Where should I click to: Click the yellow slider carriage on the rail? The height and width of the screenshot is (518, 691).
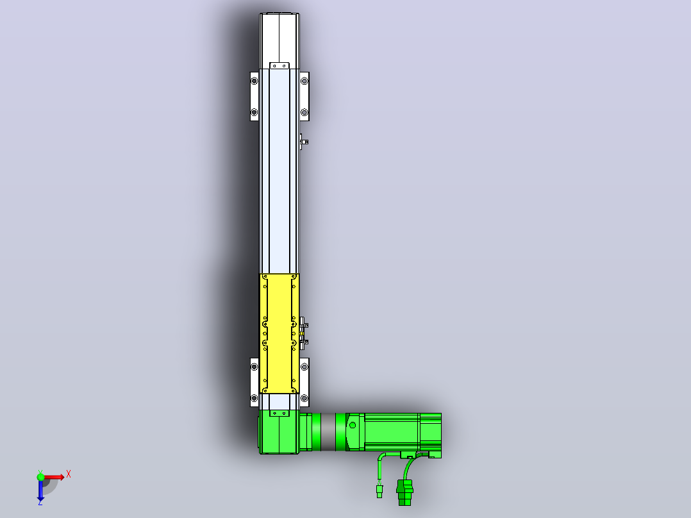(x=279, y=333)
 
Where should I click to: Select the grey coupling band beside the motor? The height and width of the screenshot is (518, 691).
(x=328, y=432)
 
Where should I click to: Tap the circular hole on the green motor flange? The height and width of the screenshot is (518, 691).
(x=353, y=426)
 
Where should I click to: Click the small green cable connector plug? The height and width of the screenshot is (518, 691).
(x=379, y=491)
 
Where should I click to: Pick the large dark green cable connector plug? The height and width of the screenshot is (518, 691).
(x=404, y=492)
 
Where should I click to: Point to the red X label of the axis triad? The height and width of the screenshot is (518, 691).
(x=69, y=474)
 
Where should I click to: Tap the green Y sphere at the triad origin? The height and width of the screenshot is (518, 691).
(x=40, y=476)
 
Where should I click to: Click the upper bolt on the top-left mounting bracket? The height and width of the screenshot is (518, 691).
(x=254, y=81)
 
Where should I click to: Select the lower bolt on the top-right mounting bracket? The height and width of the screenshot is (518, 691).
(x=304, y=112)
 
